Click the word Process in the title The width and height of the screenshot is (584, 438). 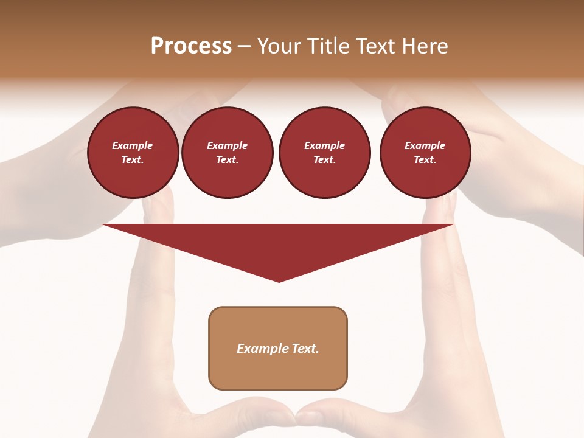[191, 46]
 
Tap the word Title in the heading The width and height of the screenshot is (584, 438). [328, 46]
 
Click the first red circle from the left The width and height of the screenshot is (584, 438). [133, 153]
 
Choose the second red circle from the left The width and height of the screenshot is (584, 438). [228, 153]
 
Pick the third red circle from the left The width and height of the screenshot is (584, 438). [325, 153]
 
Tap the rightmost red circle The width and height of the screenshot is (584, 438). [425, 153]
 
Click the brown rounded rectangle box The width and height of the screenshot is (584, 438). [278, 348]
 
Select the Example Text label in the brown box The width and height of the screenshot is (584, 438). [278, 349]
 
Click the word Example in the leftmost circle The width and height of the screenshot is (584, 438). [133, 146]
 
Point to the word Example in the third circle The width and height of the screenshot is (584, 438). [325, 146]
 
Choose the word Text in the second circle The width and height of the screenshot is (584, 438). [226, 160]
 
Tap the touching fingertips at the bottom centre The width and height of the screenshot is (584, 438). [296, 417]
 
